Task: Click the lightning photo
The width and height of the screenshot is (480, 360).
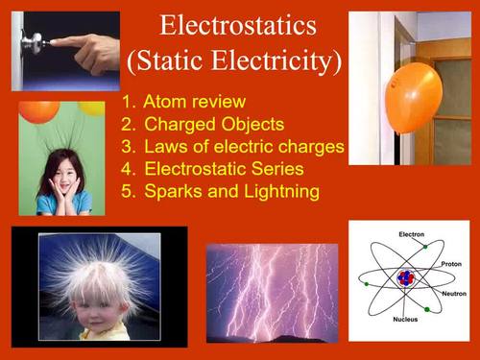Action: pos(273,292)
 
